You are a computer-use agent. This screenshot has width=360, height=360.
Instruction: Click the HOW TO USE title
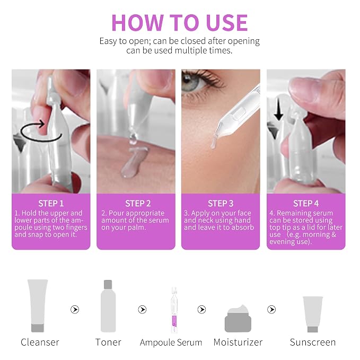(x=180, y=22)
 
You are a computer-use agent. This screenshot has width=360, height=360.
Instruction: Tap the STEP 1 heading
(x=51, y=204)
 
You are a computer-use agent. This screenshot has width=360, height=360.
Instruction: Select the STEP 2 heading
(x=138, y=204)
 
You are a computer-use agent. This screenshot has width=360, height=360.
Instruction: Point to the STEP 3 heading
(x=221, y=204)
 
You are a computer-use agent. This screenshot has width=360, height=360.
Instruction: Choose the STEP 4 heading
(x=306, y=204)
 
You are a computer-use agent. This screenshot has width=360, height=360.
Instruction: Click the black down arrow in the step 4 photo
(x=278, y=109)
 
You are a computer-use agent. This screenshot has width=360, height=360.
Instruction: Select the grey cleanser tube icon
(x=38, y=305)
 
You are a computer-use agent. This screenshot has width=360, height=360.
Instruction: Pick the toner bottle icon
(x=108, y=306)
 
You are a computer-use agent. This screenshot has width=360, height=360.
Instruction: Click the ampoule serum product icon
(x=174, y=310)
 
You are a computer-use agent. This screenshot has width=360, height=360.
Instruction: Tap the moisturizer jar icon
(x=238, y=319)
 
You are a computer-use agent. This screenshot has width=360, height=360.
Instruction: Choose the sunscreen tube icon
(x=313, y=314)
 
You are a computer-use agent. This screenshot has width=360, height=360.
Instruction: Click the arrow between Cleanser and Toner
(x=75, y=310)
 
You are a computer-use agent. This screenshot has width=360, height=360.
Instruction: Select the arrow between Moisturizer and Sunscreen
(x=271, y=310)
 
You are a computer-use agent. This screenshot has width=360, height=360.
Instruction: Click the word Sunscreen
(x=313, y=342)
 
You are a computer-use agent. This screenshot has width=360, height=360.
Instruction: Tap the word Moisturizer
(x=238, y=342)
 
